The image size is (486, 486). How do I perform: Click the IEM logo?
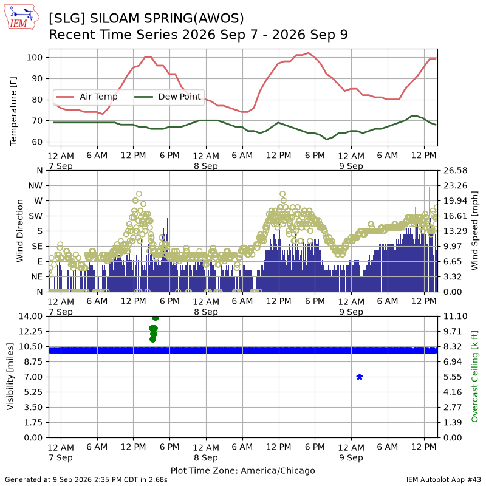(21, 18)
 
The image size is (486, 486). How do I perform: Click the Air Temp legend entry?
(86, 97)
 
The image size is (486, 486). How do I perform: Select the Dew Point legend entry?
(168, 97)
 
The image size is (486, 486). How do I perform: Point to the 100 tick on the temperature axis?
(35, 57)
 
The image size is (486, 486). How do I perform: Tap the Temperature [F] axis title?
(13, 111)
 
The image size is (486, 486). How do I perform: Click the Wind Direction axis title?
(19, 231)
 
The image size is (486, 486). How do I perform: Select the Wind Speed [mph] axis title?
(474, 231)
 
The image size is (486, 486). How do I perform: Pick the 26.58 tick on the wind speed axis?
(455, 171)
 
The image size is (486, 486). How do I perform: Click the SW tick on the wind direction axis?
(36, 216)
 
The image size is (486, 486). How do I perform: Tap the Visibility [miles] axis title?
(10, 376)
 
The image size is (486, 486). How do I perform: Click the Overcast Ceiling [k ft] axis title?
(474, 376)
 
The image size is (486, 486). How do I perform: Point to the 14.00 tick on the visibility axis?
(30, 316)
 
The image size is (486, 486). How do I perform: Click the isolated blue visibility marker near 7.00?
(360, 377)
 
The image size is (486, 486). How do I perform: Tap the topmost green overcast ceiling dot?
(156, 317)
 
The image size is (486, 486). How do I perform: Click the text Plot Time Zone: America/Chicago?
(242, 470)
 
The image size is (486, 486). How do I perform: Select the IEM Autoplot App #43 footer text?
(443, 479)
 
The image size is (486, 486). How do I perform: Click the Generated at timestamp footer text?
(86, 479)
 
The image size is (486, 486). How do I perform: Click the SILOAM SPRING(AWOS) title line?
(146, 18)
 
